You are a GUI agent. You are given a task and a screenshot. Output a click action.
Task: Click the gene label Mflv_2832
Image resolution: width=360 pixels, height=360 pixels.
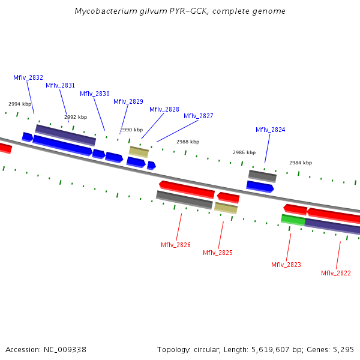28,77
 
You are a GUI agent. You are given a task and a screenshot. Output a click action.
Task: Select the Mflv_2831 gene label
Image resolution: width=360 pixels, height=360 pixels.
61,85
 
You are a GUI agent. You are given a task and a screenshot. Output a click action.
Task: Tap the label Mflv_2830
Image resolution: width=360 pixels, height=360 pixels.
95,94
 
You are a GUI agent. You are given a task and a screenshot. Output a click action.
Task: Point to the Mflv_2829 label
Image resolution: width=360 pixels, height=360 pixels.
128,101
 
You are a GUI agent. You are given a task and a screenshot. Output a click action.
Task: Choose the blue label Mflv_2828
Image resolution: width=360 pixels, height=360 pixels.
164,109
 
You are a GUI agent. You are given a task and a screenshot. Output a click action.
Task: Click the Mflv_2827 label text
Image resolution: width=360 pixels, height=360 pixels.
199,116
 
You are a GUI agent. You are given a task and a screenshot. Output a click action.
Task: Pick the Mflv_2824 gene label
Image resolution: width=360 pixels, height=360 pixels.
271,130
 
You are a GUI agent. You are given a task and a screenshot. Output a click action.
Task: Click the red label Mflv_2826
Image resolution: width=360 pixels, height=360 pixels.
176,245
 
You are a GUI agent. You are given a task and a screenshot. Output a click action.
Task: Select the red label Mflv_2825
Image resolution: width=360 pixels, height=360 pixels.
218,253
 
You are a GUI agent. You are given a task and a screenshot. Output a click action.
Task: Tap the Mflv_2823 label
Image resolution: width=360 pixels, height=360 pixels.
286,265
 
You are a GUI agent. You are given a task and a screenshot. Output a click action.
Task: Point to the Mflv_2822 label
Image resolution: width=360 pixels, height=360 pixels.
336,273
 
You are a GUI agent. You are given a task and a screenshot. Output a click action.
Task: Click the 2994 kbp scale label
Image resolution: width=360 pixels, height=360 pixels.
20,104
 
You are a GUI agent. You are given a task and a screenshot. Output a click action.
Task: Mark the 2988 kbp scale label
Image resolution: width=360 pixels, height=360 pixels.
188,142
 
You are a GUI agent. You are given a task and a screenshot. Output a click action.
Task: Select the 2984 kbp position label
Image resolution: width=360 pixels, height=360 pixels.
301,163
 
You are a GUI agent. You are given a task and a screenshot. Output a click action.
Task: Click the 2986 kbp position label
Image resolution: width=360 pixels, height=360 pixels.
244,152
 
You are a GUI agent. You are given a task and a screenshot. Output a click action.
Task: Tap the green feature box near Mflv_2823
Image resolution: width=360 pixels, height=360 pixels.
293,220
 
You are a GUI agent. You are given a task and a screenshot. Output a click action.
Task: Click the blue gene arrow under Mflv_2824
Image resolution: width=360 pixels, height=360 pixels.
260,187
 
